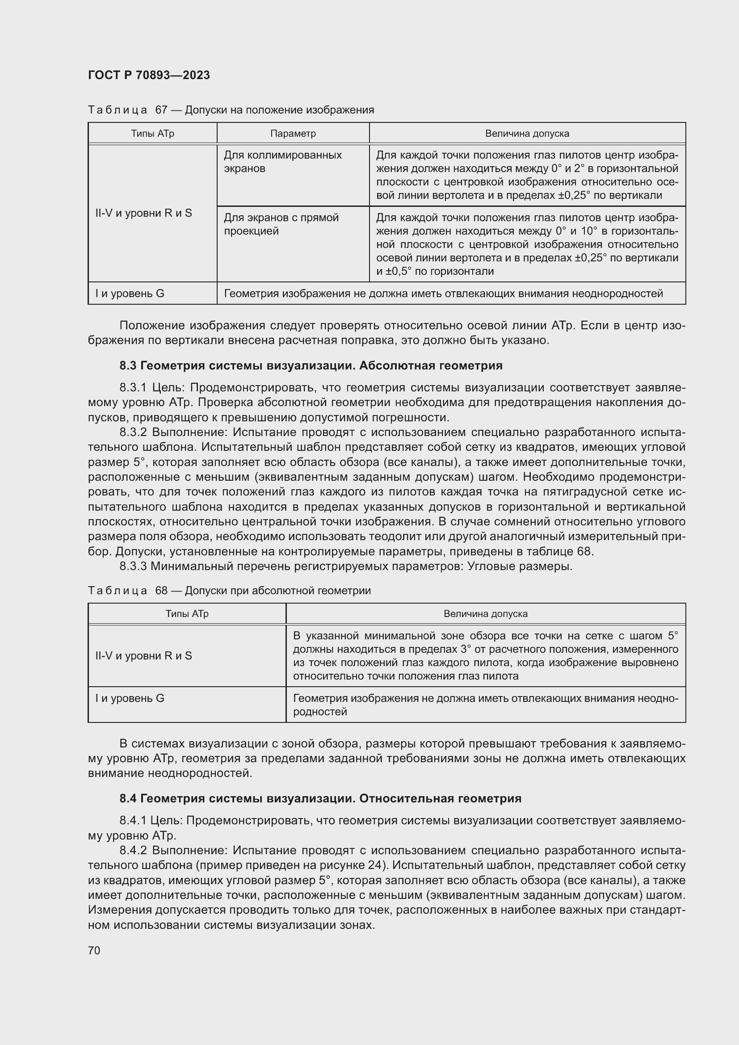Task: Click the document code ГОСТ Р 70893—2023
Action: pyautogui.click(x=149, y=75)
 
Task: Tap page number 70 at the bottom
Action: pyautogui.click(x=94, y=950)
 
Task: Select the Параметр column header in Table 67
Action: pyautogui.click(x=293, y=133)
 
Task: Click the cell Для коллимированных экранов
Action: pyautogui.click(x=282, y=162)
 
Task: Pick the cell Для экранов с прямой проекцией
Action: pyautogui.click(x=281, y=224)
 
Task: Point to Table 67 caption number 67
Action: pyautogui.click(x=162, y=110)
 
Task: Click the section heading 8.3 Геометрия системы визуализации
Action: pyautogui.click(x=311, y=365)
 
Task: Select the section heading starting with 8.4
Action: pyautogui.click(x=320, y=798)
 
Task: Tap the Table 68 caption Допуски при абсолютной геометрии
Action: pyautogui.click(x=277, y=590)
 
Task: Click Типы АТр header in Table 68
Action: pyautogui.click(x=187, y=613)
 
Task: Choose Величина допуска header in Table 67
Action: pyautogui.click(x=527, y=133)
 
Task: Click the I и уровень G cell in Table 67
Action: pyautogui.click(x=130, y=294)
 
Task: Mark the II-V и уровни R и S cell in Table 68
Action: pyautogui.click(x=144, y=655)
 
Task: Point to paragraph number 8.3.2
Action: pyautogui.click(x=134, y=432)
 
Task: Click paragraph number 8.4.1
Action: pyautogui.click(x=133, y=820)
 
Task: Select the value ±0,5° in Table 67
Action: pyautogui.click(x=398, y=272)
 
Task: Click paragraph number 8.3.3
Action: pyautogui.click(x=133, y=566)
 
